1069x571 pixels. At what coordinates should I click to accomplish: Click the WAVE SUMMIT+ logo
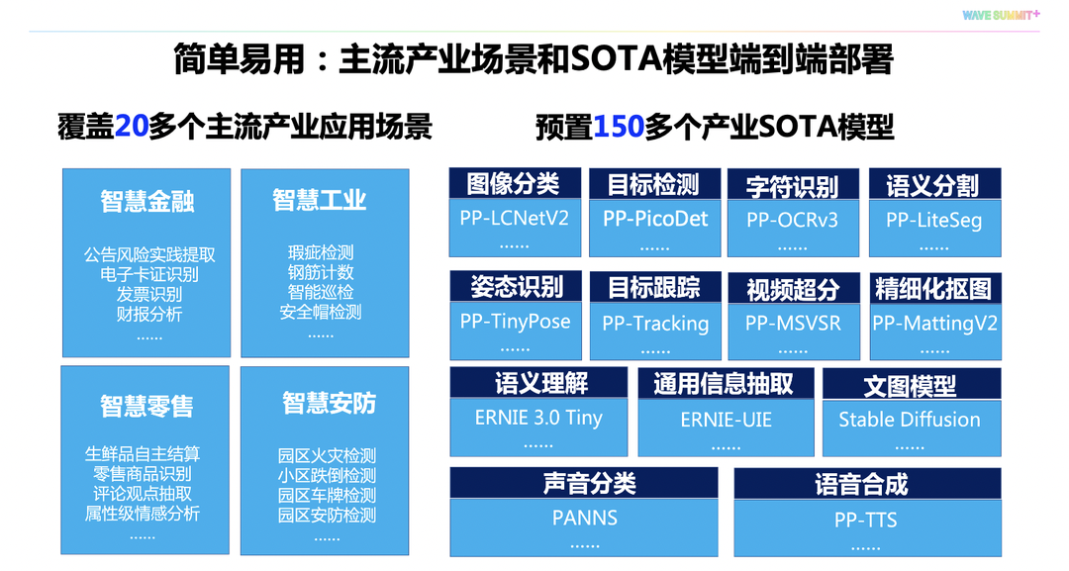[x=1001, y=15]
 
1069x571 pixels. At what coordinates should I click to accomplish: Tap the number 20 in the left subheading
[x=131, y=128]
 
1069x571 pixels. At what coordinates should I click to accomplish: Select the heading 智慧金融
[x=146, y=201]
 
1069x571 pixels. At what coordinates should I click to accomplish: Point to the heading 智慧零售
[x=146, y=406]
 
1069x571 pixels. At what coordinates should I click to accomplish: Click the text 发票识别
[x=149, y=294]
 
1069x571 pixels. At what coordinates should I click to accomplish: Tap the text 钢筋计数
[x=321, y=273]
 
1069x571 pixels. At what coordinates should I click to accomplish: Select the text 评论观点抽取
[x=143, y=494]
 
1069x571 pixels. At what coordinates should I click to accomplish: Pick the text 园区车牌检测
[x=327, y=495]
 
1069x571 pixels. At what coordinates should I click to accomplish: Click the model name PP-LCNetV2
[x=515, y=218]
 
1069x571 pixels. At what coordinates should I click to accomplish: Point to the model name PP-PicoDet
[x=656, y=219]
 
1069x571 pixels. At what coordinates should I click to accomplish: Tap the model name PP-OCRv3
[x=792, y=220]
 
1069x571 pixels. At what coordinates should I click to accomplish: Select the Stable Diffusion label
[x=910, y=420]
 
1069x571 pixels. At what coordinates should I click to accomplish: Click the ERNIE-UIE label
[x=726, y=421]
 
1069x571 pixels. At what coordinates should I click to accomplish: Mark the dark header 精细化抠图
[x=933, y=289]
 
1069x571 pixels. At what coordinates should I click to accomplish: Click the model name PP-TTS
[x=866, y=520]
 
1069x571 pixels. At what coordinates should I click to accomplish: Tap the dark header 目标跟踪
[x=653, y=288]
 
